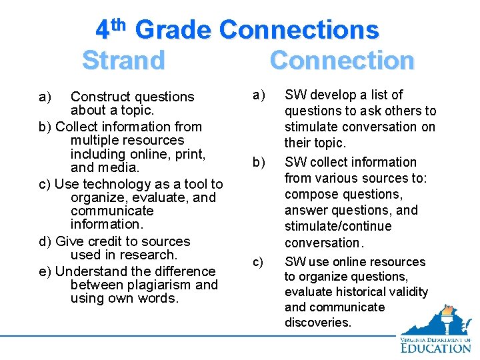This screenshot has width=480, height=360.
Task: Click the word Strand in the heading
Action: coord(123,60)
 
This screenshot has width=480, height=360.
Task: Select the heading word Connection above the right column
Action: coord(341,60)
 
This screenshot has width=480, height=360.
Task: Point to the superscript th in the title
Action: coord(118,25)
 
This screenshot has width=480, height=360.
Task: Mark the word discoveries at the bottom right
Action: coord(318,322)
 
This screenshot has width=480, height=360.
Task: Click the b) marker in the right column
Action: coord(258,162)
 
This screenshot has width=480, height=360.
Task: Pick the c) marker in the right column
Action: coord(257,262)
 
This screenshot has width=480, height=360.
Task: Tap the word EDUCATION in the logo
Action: coord(436,347)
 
